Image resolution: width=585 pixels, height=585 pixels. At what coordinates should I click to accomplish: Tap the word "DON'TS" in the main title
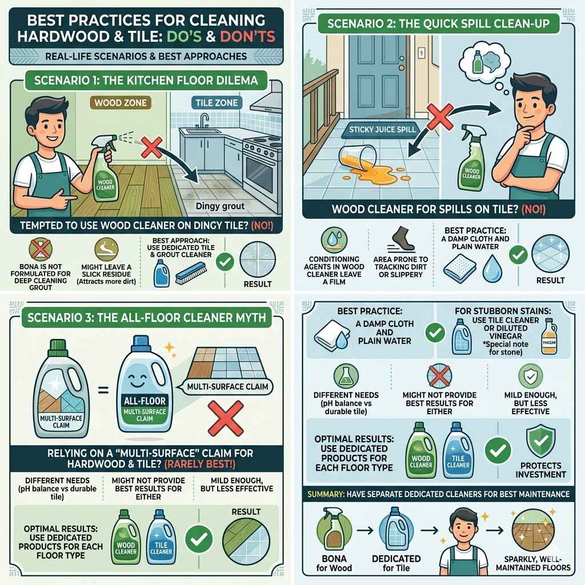244,37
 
